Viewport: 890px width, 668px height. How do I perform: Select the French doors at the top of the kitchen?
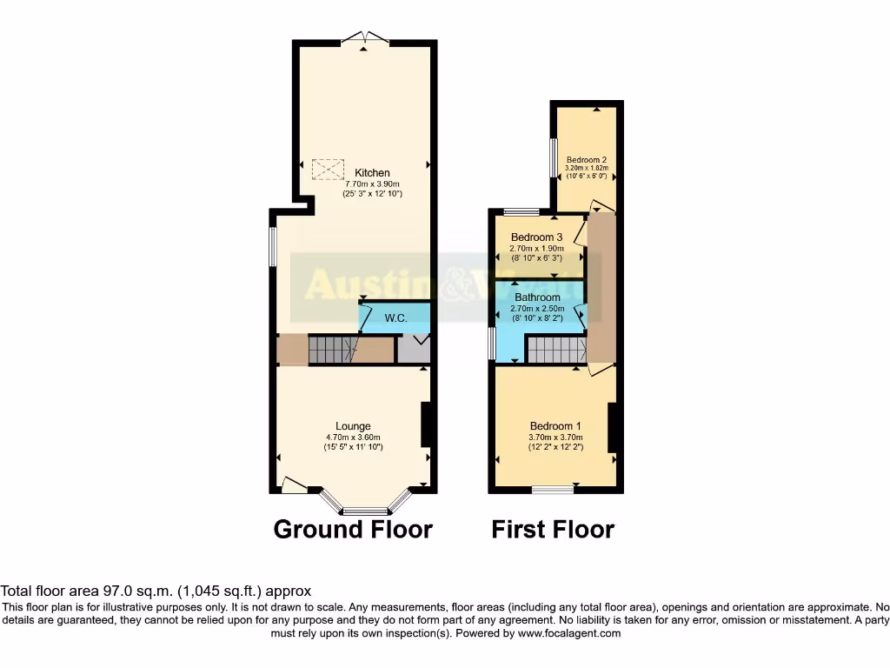(365, 37)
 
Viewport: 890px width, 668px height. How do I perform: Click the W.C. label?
(398, 318)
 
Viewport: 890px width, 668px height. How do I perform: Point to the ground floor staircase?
(331, 351)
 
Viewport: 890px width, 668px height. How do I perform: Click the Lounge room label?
(354, 425)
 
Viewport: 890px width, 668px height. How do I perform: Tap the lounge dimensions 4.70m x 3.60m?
(354, 437)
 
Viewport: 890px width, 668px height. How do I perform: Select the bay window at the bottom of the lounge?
(365, 510)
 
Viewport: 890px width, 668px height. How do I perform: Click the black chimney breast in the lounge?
(427, 424)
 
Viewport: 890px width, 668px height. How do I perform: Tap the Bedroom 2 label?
(587, 160)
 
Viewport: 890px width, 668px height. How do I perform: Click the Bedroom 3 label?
(536, 237)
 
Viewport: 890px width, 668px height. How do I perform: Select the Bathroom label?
(537, 297)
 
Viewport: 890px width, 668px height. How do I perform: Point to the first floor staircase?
(557, 351)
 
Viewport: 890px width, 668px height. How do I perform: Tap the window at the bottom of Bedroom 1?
(553, 490)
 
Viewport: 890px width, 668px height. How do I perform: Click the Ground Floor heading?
(353, 529)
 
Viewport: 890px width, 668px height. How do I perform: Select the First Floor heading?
(553, 529)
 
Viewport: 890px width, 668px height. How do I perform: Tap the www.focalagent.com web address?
(569, 633)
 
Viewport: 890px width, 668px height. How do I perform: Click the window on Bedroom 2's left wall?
(553, 157)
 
